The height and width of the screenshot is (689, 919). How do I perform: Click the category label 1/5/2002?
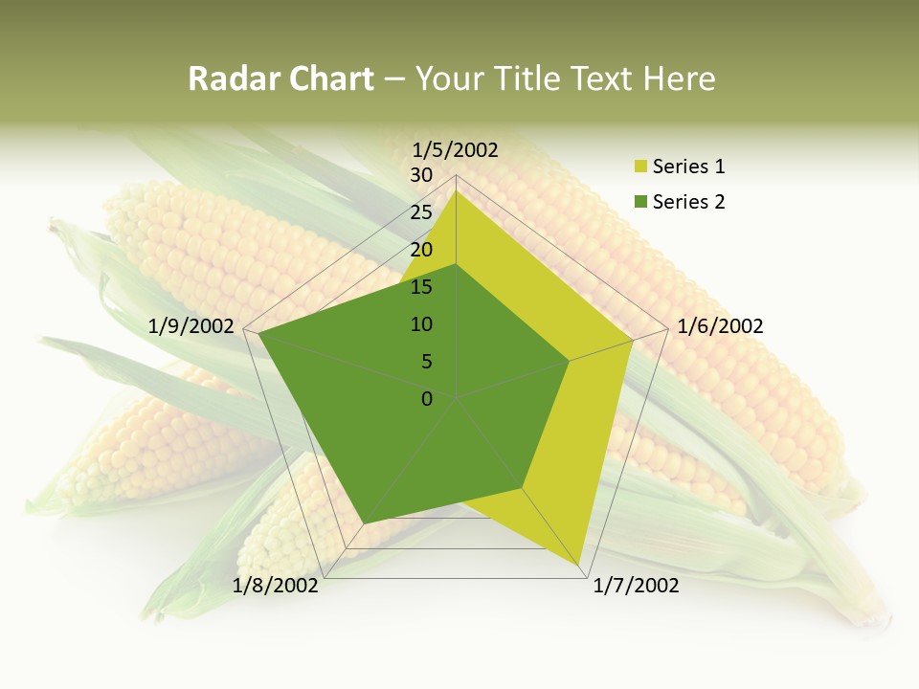point(456,149)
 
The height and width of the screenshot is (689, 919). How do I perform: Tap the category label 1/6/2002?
point(720,326)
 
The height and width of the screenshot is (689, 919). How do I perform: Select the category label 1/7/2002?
point(636,586)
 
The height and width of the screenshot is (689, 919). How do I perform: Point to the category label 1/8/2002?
point(276,586)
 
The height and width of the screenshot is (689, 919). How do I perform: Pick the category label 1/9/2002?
point(191,326)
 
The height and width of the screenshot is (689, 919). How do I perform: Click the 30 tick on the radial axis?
point(421,175)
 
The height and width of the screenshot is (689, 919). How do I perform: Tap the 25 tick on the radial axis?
point(421,212)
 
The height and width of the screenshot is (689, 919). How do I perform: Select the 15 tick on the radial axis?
point(421,287)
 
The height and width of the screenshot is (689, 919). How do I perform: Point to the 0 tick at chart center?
point(427,399)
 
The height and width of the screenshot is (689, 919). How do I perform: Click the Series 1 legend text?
point(688,167)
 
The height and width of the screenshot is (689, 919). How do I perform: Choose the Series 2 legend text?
point(688,202)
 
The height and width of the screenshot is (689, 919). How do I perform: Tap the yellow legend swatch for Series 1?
point(640,167)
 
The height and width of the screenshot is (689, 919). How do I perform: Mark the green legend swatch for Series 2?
point(640,203)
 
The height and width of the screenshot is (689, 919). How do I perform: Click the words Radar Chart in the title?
point(280,78)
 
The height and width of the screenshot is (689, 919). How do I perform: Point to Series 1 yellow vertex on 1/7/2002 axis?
point(580,567)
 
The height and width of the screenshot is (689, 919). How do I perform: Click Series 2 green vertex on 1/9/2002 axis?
point(258,334)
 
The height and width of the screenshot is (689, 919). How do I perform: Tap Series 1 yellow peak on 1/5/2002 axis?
point(457,191)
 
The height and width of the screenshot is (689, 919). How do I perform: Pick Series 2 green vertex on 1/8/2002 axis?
point(363,524)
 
